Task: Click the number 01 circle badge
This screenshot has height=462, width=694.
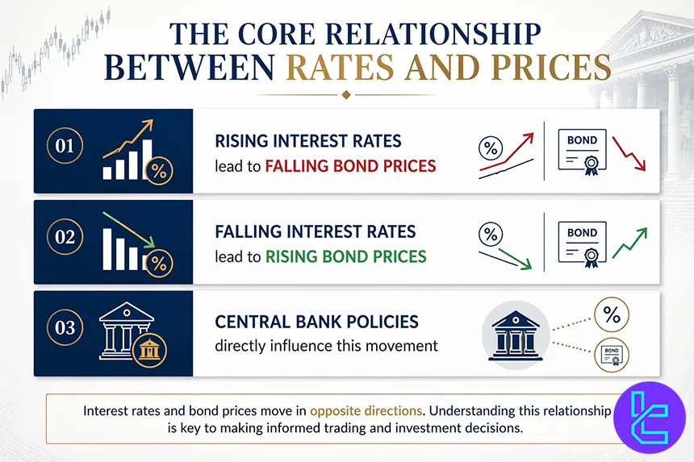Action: (x=65, y=147)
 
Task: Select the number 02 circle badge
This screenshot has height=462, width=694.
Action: (x=65, y=238)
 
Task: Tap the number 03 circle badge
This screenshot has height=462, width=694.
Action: (x=65, y=329)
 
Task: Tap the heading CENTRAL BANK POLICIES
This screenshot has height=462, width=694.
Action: (x=316, y=322)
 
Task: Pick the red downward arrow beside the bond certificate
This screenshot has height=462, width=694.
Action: (x=630, y=152)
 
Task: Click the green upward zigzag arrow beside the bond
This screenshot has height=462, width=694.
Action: (x=630, y=243)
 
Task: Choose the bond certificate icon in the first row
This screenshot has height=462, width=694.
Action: (x=582, y=150)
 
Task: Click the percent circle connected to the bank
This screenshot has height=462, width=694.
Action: (x=612, y=314)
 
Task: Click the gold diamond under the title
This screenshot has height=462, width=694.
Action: (x=346, y=94)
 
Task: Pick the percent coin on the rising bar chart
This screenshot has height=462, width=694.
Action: (x=159, y=171)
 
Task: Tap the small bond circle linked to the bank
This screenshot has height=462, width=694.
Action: (x=612, y=352)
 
